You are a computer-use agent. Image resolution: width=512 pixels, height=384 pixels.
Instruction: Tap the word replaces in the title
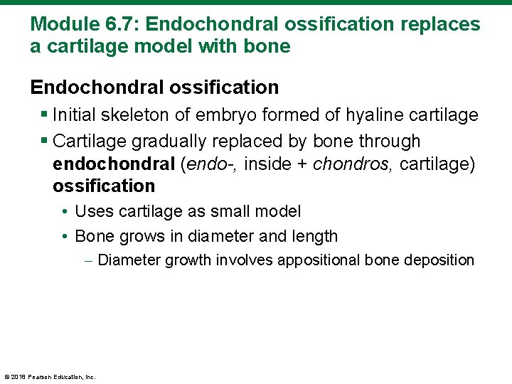click(440, 24)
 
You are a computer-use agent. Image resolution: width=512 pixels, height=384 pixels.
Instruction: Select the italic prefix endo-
click(213, 164)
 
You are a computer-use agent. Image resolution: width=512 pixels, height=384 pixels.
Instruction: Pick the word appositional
click(319, 260)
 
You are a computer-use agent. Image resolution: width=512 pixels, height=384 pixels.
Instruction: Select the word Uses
click(91, 211)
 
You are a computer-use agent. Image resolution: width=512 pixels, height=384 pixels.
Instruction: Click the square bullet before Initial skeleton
click(44, 114)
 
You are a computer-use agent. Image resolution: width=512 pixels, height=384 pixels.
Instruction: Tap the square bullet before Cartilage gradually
click(44, 141)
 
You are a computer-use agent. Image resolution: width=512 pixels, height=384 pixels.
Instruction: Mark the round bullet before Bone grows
click(65, 235)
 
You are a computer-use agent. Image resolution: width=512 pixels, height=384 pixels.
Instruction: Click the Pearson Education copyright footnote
click(50, 377)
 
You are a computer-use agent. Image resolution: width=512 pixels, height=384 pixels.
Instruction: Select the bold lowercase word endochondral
click(113, 164)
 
